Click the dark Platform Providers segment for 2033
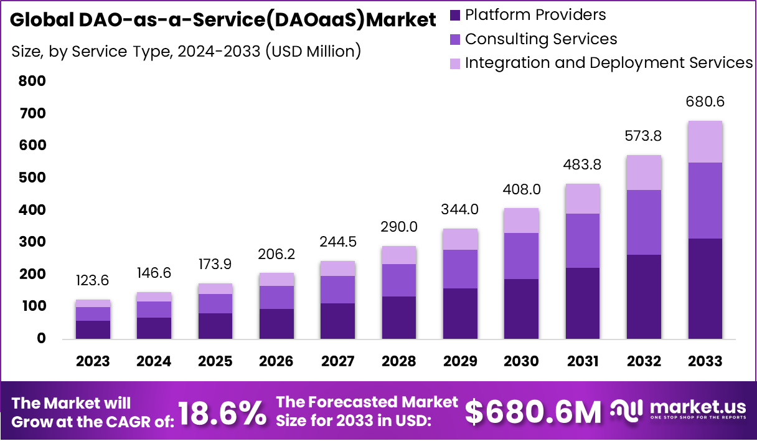(705, 288)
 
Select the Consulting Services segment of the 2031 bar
(583, 240)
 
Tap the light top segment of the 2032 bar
(644, 173)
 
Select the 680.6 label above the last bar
(705, 101)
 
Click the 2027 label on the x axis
(338, 362)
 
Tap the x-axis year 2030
(522, 362)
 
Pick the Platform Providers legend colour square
(454, 15)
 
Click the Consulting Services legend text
(541, 39)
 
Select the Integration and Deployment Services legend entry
(609, 62)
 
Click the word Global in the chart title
(42, 20)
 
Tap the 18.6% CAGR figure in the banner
(222, 413)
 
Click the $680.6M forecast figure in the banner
(534, 412)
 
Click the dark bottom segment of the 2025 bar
(215, 326)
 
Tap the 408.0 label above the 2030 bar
(522, 189)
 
